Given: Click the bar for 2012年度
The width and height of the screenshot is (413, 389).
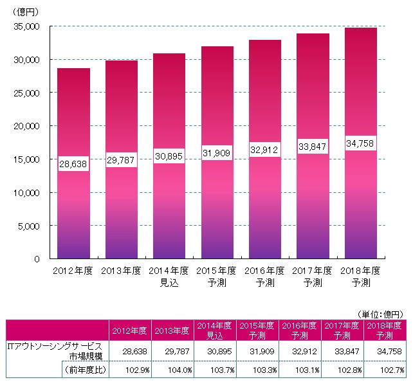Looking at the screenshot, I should (x=73, y=212).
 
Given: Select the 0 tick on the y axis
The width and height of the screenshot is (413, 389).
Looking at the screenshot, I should (x=37, y=258).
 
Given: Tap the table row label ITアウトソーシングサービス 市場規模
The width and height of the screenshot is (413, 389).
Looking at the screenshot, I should (x=54, y=352).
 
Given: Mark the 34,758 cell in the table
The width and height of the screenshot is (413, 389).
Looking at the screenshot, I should (x=388, y=352).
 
